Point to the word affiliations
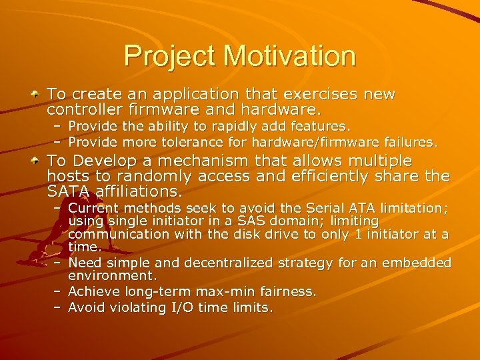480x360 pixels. click(x=137, y=192)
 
